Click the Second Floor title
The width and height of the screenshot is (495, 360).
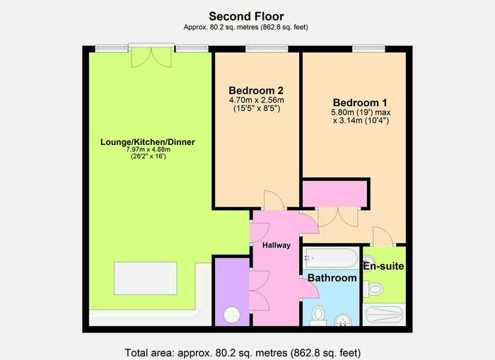(x=246, y=16)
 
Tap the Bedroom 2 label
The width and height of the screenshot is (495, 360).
(x=256, y=91)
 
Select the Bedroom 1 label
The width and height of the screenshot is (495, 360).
(x=360, y=103)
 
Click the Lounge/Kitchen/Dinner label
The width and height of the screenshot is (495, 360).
(x=147, y=142)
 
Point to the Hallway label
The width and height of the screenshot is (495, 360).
(x=276, y=245)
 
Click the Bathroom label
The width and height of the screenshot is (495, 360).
(x=332, y=278)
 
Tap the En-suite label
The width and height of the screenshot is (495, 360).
(x=383, y=266)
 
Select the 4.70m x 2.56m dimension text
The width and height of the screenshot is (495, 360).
(x=256, y=100)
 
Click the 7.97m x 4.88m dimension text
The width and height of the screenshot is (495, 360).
(x=148, y=149)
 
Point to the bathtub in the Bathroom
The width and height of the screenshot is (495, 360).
(x=331, y=258)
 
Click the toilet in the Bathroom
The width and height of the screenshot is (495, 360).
(x=318, y=316)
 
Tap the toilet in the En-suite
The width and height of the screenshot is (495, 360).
(x=373, y=289)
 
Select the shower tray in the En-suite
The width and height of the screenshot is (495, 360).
(x=384, y=315)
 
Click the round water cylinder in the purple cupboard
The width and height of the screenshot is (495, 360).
(x=232, y=315)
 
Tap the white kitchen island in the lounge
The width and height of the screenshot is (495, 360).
(x=146, y=278)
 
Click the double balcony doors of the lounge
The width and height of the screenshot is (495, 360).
(x=151, y=57)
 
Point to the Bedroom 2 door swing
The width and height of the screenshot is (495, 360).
(x=274, y=200)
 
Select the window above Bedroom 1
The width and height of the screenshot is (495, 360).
(x=368, y=48)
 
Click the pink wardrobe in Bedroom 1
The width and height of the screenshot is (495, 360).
(x=334, y=194)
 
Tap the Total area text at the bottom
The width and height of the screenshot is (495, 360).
(x=243, y=352)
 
